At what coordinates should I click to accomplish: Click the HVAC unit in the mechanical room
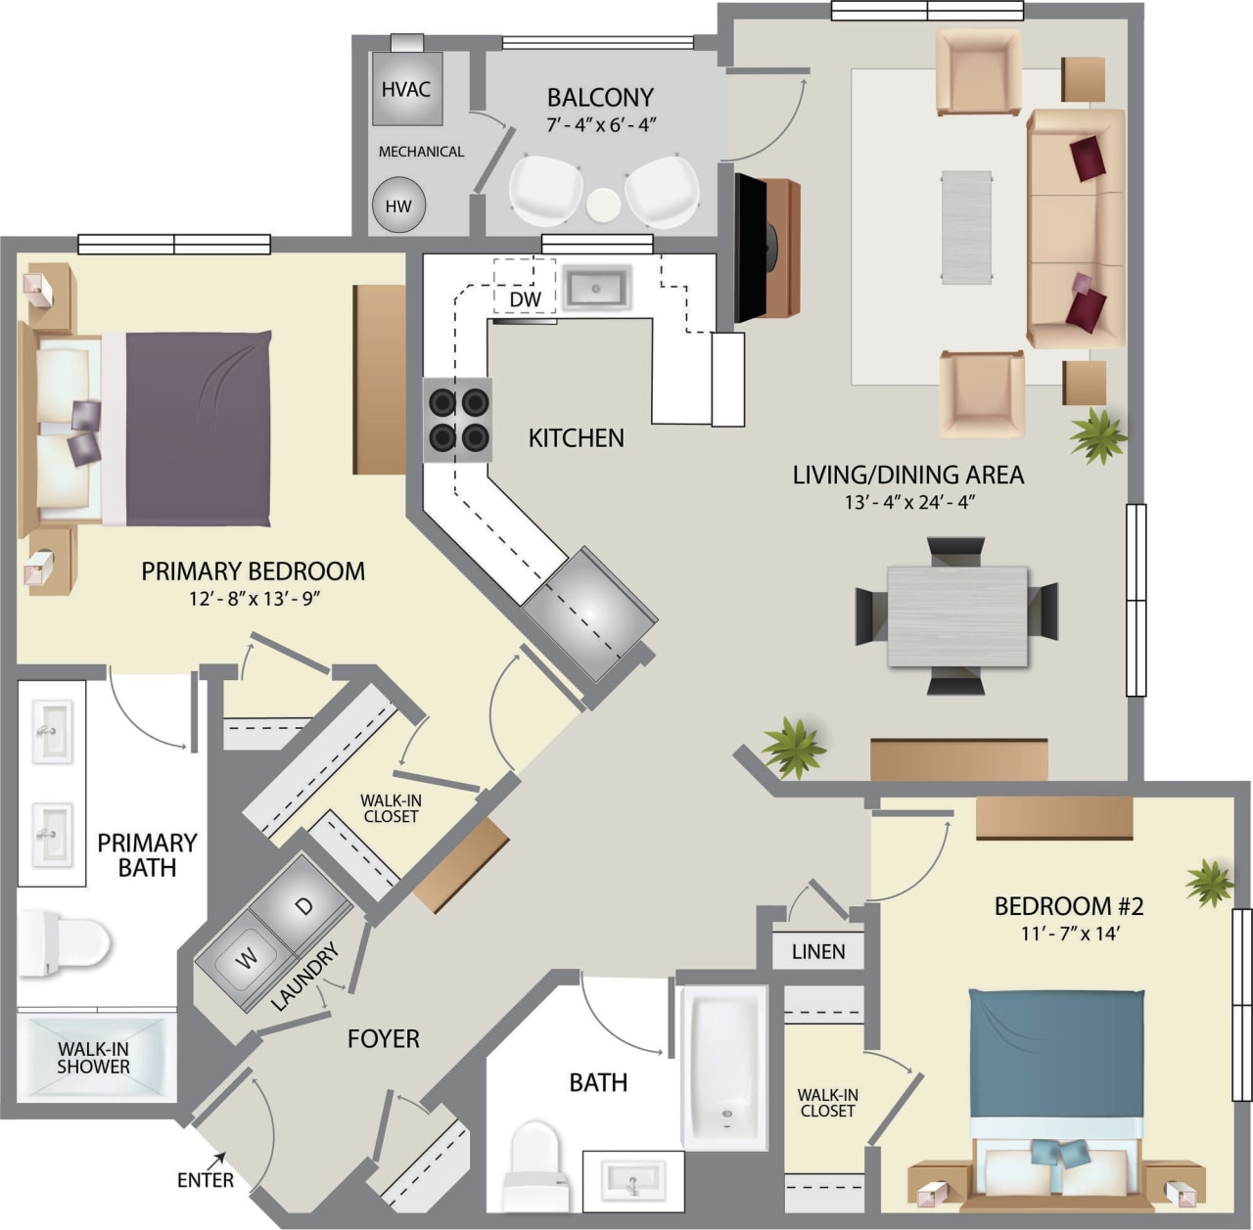pos(405,88)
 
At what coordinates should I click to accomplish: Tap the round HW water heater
pos(398,205)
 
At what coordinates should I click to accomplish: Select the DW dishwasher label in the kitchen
pos(525,298)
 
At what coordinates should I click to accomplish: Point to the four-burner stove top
pos(457,419)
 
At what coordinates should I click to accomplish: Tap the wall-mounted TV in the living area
pos(749,249)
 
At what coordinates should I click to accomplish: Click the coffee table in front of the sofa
pos(966,228)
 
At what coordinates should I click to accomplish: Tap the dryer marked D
pos(304,906)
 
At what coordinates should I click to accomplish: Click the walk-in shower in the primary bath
pos(95,1058)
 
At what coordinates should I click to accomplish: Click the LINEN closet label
pos(817,951)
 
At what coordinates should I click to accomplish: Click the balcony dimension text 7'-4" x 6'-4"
pos(600,124)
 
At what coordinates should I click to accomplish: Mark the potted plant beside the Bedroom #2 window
pos(1210,883)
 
